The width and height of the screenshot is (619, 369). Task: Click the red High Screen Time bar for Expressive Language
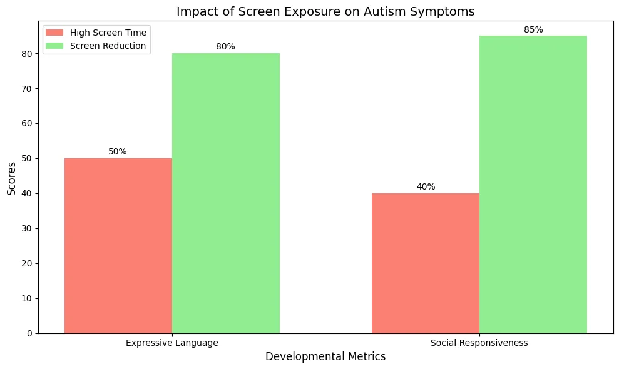[118, 246]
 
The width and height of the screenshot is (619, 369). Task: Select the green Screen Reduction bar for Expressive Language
[226, 193]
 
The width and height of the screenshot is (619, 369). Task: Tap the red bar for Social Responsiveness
[426, 263]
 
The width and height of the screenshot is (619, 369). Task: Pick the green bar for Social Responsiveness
[533, 184]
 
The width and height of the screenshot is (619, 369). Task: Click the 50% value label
[118, 151]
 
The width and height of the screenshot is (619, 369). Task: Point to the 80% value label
[225, 46]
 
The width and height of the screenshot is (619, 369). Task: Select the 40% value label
[426, 186]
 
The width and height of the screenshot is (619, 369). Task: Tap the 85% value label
[533, 29]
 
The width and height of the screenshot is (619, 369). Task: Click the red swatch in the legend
[54, 33]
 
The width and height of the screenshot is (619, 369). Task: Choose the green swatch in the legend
[54, 46]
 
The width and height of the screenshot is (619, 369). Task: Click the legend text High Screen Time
[108, 33]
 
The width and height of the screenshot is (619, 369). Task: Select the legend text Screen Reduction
[108, 46]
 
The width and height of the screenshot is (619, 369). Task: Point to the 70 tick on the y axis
[28, 88]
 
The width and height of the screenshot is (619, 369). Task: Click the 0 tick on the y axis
[30, 333]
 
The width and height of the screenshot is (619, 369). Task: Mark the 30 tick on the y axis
[28, 228]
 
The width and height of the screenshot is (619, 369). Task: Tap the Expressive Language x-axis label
[172, 343]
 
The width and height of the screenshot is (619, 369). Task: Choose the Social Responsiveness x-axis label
[479, 343]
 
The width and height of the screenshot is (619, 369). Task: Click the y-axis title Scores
[11, 178]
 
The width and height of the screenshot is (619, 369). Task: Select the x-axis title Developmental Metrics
[325, 356]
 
